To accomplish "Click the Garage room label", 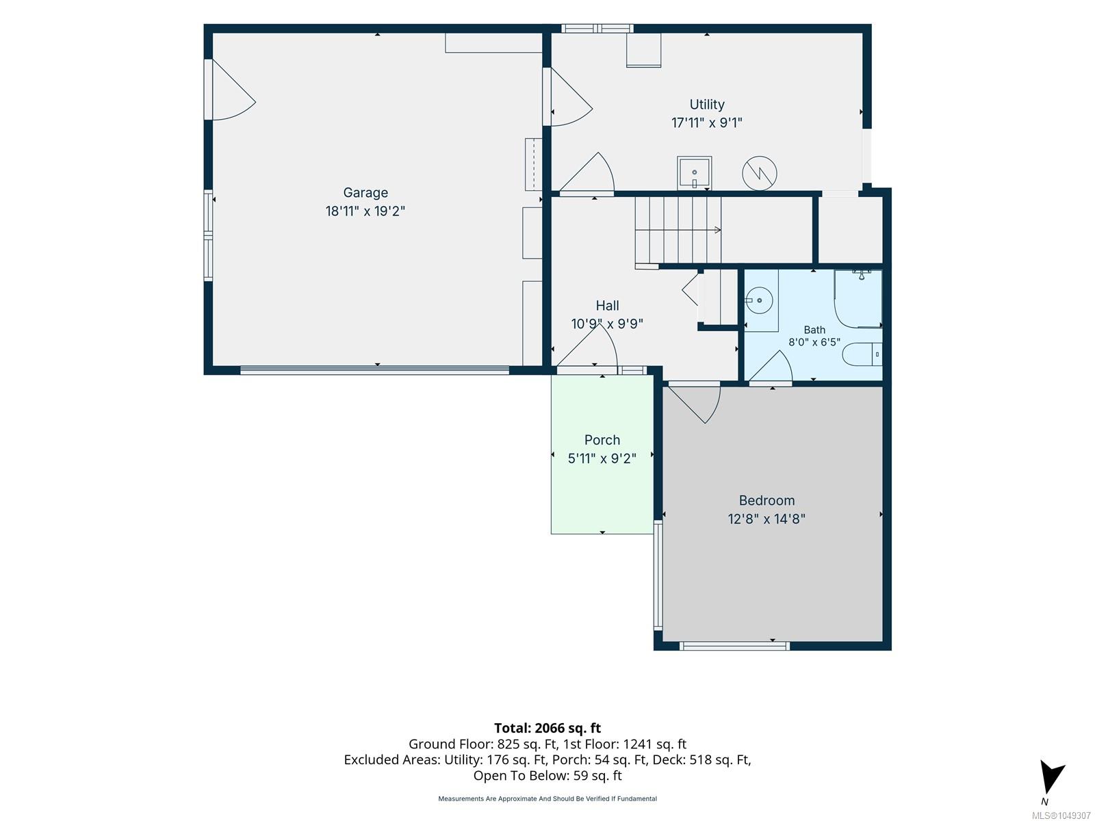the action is click(x=365, y=193).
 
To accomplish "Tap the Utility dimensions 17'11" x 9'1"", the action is click(x=706, y=122).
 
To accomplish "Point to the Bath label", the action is click(x=814, y=330).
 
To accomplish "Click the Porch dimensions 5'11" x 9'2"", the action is click(x=602, y=458).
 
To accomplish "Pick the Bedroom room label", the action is click(x=766, y=501).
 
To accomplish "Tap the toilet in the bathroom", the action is click(x=862, y=354).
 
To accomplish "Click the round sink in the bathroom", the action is click(x=759, y=300).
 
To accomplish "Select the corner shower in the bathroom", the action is click(x=858, y=298).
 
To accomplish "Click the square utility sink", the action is click(x=694, y=172).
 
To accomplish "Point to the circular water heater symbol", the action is click(x=759, y=174).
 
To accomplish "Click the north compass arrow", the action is click(x=1051, y=776).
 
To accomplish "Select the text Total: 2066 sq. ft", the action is click(x=547, y=728).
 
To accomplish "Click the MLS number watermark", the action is click(x=1061, y=816).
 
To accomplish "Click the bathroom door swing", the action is click(x=771, y=367).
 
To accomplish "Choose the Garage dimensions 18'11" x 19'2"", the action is click(x=365, y=211).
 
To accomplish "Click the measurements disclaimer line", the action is click(x=547, y=798).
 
